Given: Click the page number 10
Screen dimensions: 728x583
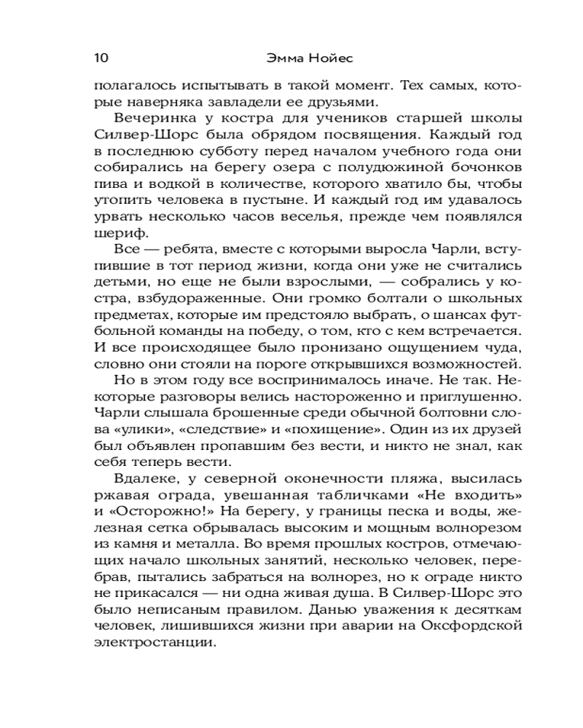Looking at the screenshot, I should (x=101, y=58).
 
